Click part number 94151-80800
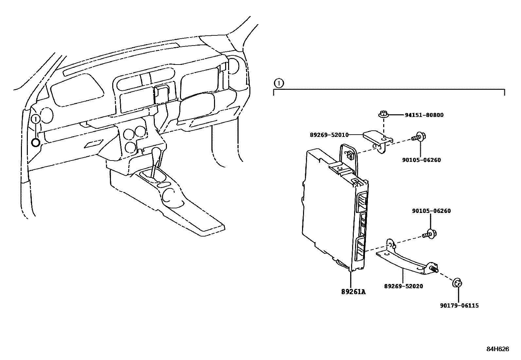tap(424, 115)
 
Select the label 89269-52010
tap(329, 135)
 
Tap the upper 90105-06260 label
tap(422, 160)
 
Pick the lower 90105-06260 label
tap(431, 211)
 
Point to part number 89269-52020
tap(403, 286)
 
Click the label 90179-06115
tap(459, 306)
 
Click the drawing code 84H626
tap(497, 349)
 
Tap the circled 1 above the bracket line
tap(278, 83)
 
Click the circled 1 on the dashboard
tap(36, 119)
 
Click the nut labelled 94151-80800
tap(383, 115)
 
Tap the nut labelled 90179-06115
tap(457, 283)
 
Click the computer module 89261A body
tap(331, 210)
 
